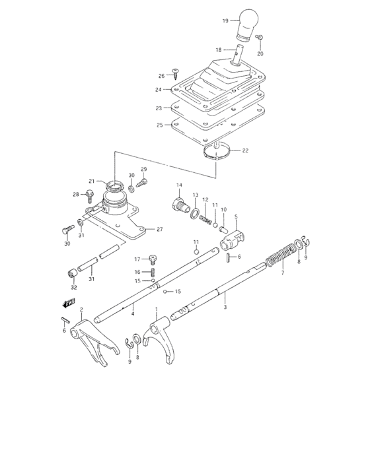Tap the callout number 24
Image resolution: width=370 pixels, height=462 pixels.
(159, 89)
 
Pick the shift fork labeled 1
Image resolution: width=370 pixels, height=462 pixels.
(159, 337)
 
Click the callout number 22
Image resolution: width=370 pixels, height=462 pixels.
(227, 150)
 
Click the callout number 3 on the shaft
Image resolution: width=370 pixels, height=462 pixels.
(225, 308)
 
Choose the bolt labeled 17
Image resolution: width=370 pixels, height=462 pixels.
(153, 259)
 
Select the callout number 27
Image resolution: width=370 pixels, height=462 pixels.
(159, 229)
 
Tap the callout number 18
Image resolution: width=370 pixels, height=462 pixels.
(219, 50)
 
